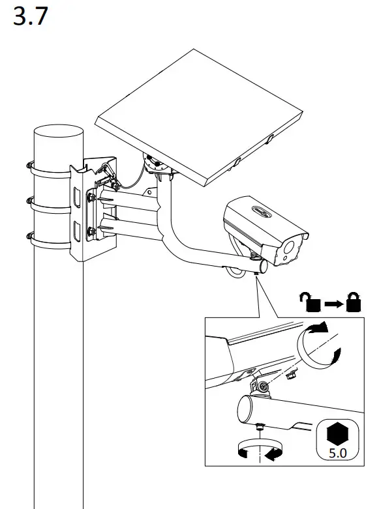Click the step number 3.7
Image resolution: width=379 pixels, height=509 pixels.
pyautogui.click(x=31, y=16)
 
